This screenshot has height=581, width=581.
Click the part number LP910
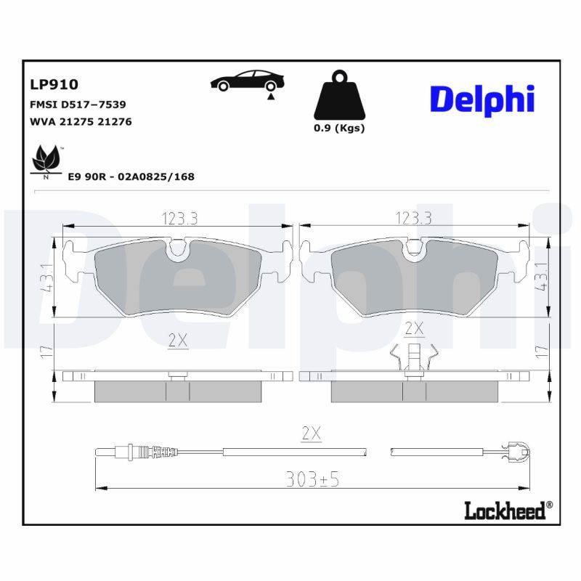point(54,86)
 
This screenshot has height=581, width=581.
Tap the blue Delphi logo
point(482,99)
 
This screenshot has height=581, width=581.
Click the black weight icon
point(339,97)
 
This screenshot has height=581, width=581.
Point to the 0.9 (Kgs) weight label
point(339,129)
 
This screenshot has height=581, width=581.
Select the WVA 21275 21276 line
point(80,121)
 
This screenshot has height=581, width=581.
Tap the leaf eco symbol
point(46,160)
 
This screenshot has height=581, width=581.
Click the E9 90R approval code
point(131,176)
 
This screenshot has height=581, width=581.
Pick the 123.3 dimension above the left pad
point(178,218)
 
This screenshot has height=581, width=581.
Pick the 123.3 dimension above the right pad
point(413,218)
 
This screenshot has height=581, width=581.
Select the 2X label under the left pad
point(178,340)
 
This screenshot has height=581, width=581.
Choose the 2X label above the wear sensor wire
point(311,434)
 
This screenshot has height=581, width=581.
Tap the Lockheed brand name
point(503,511)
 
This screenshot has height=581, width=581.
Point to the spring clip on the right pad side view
point(413,359)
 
